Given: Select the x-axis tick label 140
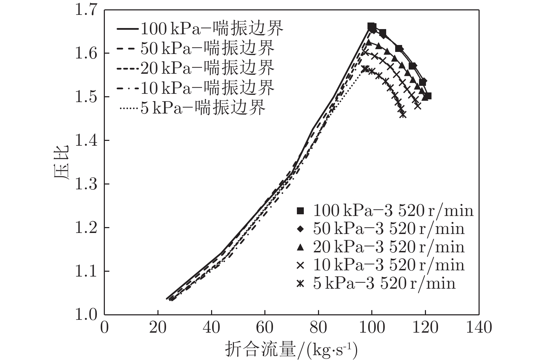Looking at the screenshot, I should (479, 327).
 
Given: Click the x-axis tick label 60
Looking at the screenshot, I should (265, 327).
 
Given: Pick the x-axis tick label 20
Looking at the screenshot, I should (158, 327).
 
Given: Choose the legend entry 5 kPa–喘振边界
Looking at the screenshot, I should (192, 107).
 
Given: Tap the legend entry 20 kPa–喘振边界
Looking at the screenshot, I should (196, 67).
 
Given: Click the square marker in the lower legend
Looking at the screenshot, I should (300, 211).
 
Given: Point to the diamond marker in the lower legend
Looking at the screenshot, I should (300, 229).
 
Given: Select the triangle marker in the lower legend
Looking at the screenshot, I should (300, 247).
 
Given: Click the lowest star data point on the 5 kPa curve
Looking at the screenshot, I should (402, 115).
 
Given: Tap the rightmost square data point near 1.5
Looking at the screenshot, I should (428, 96).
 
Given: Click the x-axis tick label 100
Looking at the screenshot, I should (372, 327).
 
